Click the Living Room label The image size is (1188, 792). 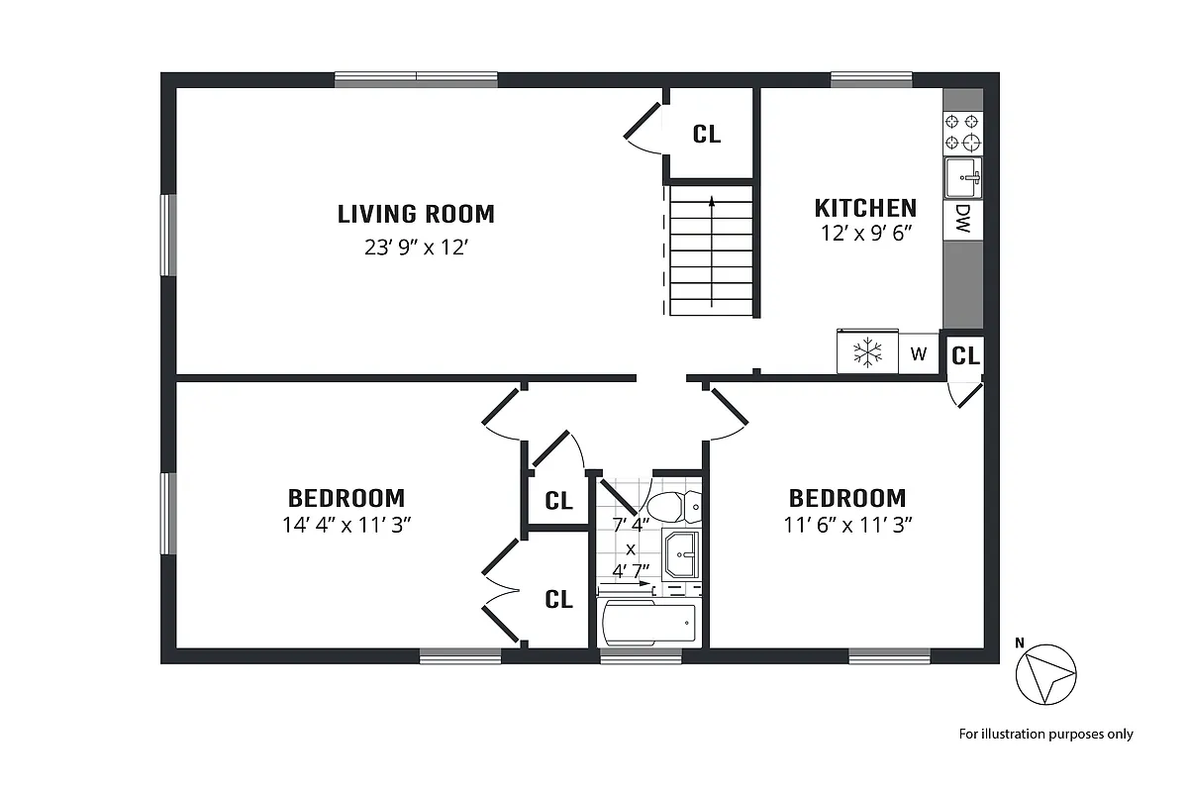tap(416, 214)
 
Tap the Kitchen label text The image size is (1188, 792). tap(865, 208)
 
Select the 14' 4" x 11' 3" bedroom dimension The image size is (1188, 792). tap(346, 525)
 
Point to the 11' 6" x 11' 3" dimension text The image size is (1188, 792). tap(847, 525)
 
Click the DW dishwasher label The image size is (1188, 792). tap(962, 220)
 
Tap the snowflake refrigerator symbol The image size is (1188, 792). tap(868, 352)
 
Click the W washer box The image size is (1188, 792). tap(919, 353)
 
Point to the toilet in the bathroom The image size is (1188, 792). tap(673, 506)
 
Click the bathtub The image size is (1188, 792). tap(649, 624)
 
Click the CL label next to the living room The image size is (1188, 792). tap(707, 135)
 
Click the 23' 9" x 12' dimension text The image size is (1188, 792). tap(416, 247)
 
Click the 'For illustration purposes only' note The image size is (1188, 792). tap(1045, 734)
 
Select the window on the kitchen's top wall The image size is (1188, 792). tap(871, 80)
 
